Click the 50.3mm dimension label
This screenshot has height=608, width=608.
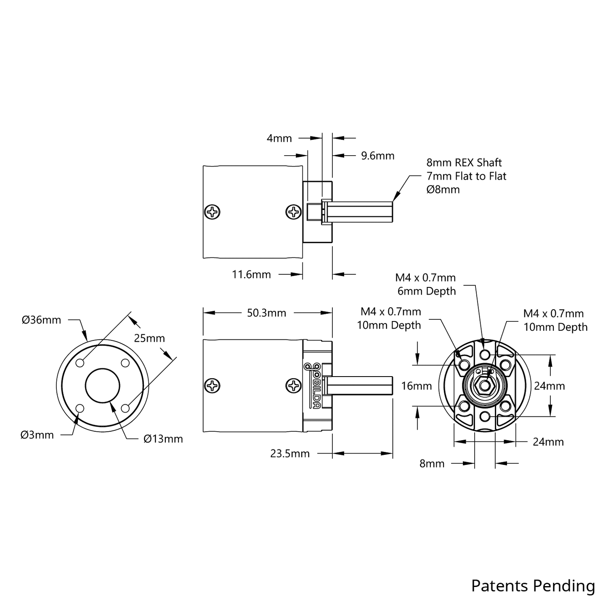(266, 313)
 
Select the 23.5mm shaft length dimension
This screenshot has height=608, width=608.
(289, 454)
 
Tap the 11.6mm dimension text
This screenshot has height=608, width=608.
(252, 274)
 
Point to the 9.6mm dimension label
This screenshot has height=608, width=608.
(378, 156)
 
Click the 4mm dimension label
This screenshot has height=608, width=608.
(279, 138)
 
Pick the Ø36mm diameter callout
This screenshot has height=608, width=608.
(41, 320)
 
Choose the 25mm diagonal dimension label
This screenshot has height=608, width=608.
(149, 338)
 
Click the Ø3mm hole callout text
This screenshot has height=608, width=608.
(37, 435)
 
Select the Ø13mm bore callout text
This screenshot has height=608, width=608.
(163, 439)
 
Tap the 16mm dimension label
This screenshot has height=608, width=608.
(417, 386)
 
